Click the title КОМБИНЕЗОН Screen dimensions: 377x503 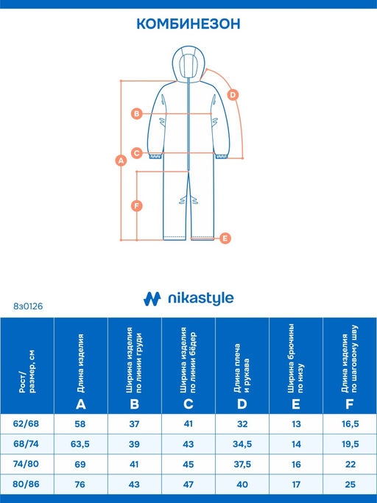188,24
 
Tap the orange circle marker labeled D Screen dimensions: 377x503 233,95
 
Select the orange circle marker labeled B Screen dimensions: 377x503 137,113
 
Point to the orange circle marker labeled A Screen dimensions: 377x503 121,160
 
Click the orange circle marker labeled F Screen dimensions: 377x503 137,205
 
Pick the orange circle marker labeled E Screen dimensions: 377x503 225,238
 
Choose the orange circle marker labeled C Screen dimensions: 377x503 137,153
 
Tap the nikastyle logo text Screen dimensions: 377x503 201,299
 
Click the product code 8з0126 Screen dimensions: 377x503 28,306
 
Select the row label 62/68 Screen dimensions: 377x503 26,423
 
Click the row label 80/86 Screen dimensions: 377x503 26,484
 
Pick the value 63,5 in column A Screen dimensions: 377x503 80,444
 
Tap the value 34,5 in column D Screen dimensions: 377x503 242,444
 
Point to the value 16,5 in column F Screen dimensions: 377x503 350,424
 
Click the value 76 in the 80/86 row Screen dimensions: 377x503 80,484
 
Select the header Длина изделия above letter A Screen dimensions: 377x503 81,363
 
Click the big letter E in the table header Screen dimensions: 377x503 296,404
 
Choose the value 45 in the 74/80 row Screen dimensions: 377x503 188,464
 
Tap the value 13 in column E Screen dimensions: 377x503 296,424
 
